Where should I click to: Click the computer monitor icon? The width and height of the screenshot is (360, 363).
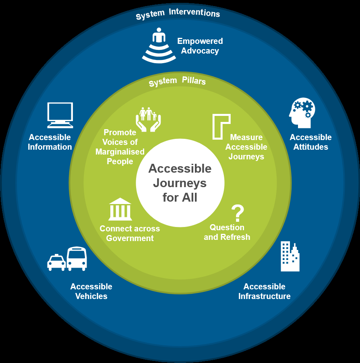click(60, 115)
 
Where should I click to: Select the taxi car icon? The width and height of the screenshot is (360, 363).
click(56, 262)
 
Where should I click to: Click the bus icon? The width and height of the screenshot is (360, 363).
click(77, 258)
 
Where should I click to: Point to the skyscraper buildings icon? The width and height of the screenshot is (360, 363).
click(290, 256)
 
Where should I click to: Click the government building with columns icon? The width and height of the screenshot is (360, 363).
click(120, 209)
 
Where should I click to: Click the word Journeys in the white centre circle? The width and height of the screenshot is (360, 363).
click(180, 183)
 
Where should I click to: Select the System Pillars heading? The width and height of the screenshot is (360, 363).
click(177, 82)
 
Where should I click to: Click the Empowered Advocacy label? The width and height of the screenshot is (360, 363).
click(200, 46)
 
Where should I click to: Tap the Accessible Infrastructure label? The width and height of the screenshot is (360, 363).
click(264, 291)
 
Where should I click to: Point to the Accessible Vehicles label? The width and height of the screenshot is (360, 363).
click(91, 291)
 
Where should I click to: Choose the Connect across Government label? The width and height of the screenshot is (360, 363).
click(130, 233)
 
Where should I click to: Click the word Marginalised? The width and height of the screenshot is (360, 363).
click(120, 152)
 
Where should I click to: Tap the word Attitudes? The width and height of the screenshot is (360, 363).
click(310, 147)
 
